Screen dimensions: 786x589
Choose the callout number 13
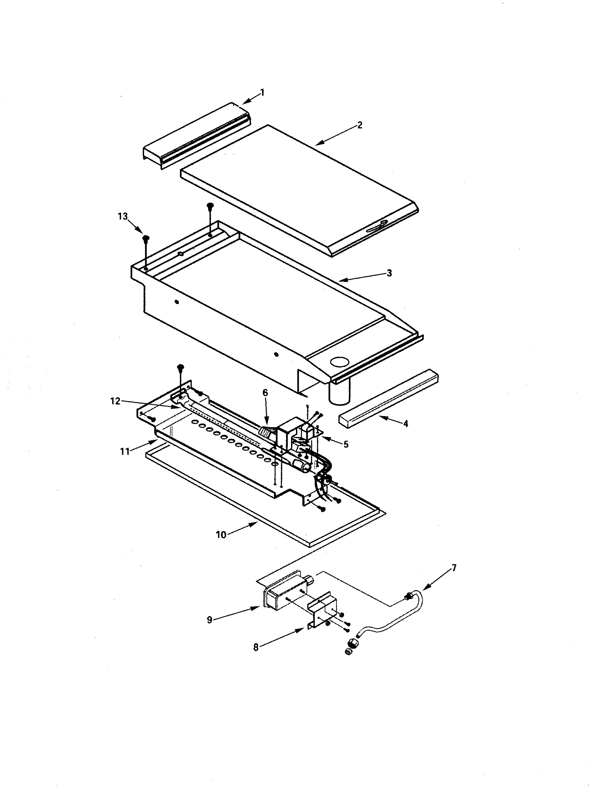pyautogui.click(x=123, y=216)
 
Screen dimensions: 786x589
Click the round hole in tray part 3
pyautogui.click(x=340, y=362)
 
